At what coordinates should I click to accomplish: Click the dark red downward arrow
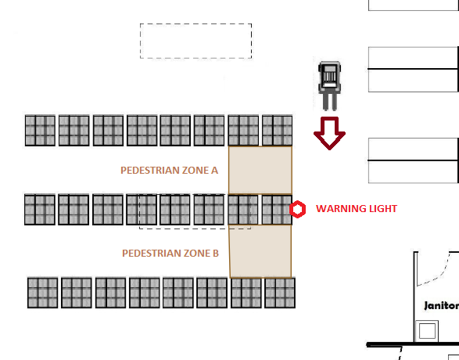(330, 133)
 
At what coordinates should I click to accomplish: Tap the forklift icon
(330, 86)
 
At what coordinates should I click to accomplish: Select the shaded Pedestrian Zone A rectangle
(260, 170)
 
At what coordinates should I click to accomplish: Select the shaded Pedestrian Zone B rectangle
(260, 251)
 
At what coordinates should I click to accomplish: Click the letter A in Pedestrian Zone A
(214, 170)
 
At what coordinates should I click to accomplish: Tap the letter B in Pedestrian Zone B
(216, 253)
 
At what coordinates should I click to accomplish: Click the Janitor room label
(442, 306)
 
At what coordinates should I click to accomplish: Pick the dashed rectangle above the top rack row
(195, 23)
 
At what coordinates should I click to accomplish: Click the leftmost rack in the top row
(40, 131)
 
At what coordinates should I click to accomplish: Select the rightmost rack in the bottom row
(280, 293)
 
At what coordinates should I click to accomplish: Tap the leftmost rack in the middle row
(40, 210)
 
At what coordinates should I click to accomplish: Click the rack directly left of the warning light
(277, 210)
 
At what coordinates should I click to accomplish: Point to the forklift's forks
(330, 102)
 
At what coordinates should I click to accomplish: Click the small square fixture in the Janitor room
(427, 331)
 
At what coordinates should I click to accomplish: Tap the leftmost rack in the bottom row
(42, 293)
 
